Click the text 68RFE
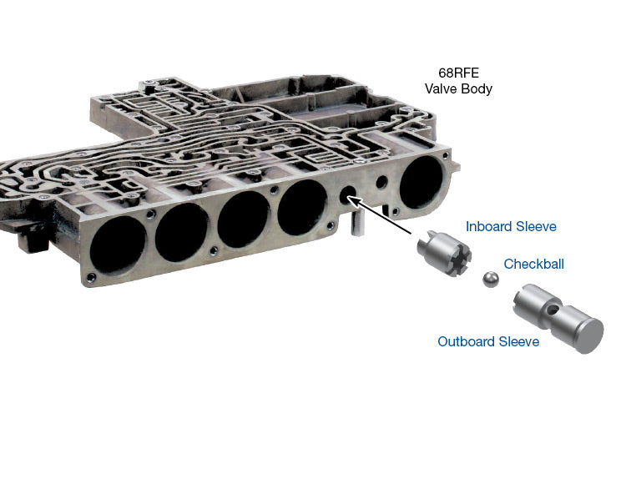(x=458, y=73)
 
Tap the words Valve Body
(x=458, y=88)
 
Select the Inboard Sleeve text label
(x=511, y=227)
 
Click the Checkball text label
(x=534, y=264)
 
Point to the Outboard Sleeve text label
(x=488, y=341)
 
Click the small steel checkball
(x=491, y=280)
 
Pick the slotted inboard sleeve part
(x=444, y=254)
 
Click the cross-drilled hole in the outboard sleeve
(x=552, y=310)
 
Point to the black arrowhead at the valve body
(x=353, y=202)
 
